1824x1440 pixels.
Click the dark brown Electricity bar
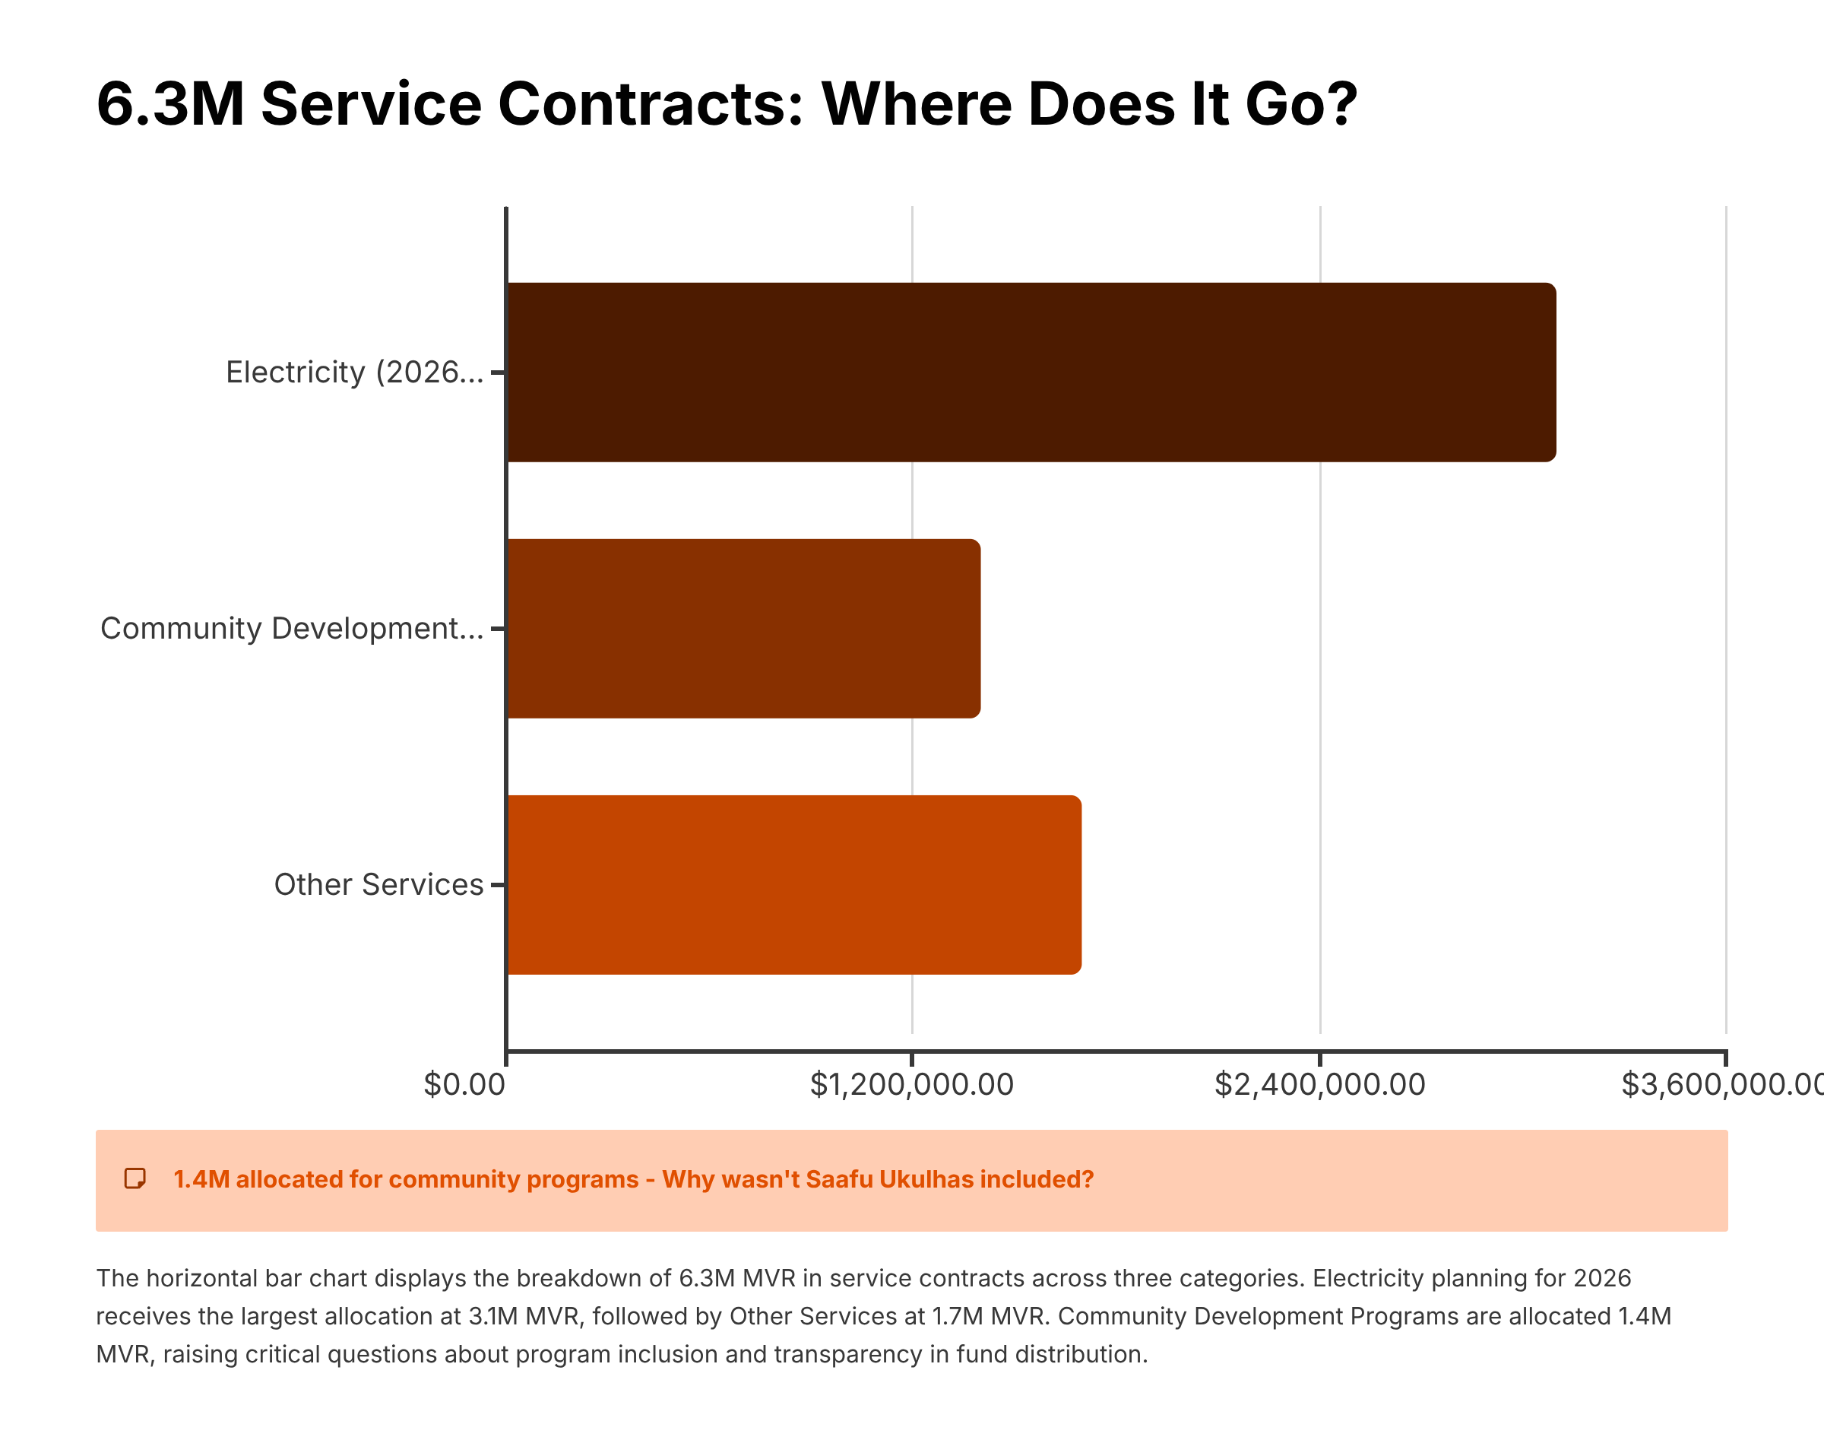1031,372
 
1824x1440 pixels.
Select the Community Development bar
743,628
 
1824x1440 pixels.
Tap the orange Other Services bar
794,884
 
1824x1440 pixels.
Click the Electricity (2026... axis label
354,372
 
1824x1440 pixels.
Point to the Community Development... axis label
292,628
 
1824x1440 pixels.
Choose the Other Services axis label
378,884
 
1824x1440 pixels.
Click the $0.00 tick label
464,1084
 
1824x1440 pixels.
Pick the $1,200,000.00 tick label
911,1084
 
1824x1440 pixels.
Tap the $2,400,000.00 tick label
1319,1084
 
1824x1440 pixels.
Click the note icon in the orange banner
135,1178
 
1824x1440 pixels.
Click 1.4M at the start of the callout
201,1178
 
